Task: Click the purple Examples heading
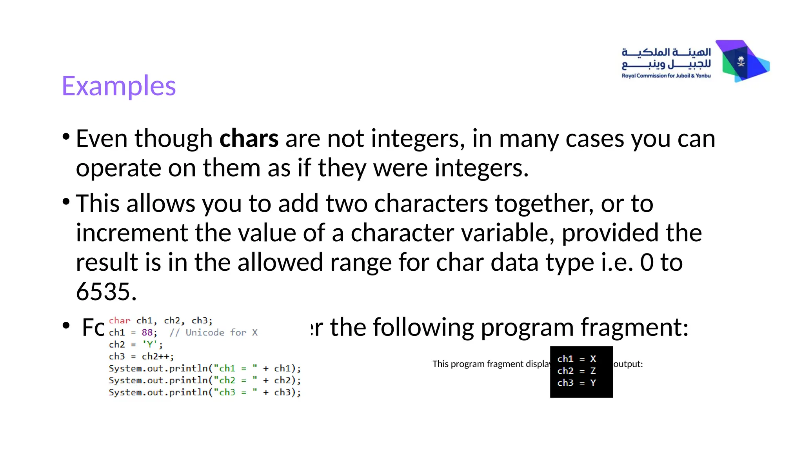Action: (119, 86)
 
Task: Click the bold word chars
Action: (249, 139)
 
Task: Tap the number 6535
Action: (106, 292)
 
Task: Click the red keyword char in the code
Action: (119, 321)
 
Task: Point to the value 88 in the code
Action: (147, 333)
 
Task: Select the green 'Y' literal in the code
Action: (150, 344)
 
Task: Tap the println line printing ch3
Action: (204, 392)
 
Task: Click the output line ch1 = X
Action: (576, 359)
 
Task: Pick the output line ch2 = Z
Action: (576, 371)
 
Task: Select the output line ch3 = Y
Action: (576, 383)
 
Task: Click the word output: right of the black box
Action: (628, 364)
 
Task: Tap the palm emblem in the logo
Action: (741, 61)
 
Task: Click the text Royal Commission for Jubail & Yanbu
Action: (666, 76)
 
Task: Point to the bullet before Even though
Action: (66, 137)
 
